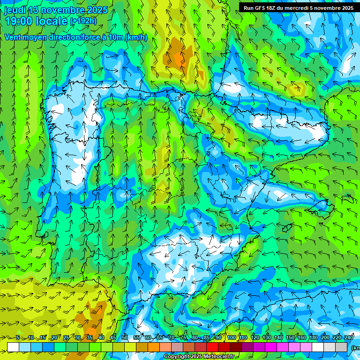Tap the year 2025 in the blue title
(97, 10)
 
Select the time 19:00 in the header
(19, 21)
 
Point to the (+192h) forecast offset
(83, 21)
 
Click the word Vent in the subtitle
(14, 37)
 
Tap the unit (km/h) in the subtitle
(136, 37)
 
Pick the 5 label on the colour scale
(18, 338)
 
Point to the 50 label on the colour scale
(125, 338)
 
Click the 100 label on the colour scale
(231, 338)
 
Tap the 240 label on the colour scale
(349, 338)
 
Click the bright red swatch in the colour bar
(212, 347)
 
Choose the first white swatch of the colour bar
(13, 347)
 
